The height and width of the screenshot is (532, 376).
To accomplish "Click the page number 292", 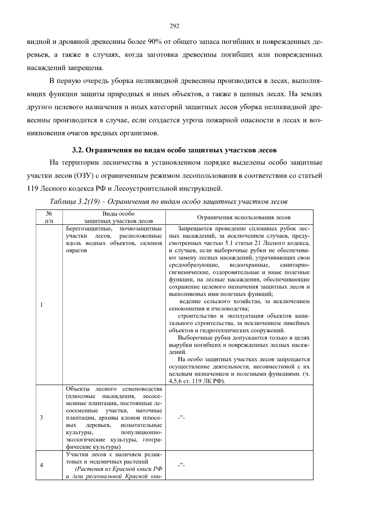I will (174, 26).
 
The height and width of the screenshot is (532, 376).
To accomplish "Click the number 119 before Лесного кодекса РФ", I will (32, 189).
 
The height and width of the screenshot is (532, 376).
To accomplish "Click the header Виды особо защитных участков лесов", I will (118, 217).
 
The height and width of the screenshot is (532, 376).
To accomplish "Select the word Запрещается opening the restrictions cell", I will (193, 229).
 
